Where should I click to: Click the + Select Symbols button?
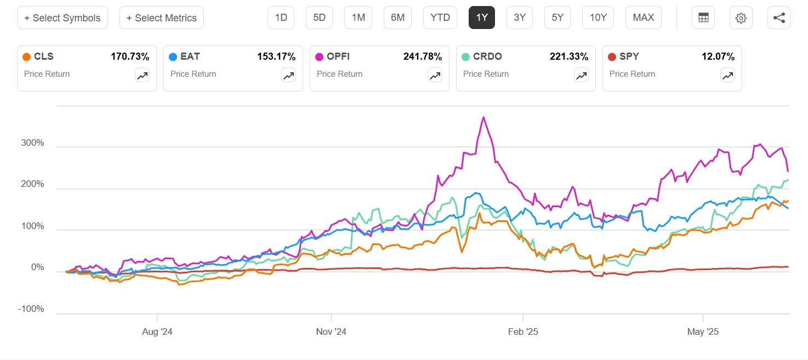point(62,18)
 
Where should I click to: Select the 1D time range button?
point(281,18)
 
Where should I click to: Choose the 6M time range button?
point(397,18)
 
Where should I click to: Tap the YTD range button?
point(440,18)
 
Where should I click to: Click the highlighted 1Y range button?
point(482,18)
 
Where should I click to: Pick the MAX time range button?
point(643,18)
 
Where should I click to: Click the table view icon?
point(703,18)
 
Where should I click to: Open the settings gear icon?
point(741,18)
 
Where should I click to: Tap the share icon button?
point(779,18)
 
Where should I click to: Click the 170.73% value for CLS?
point(130,56)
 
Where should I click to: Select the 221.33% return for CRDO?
point(569,56)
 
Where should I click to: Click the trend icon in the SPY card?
point(727,76)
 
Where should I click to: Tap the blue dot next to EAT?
point(173,56)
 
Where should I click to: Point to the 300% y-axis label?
point(32,144)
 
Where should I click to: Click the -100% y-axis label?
point(31,309)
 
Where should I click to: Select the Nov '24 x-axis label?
point(331,332)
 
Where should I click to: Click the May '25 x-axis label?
point(703,332)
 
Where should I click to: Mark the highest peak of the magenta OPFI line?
point(483,117)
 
